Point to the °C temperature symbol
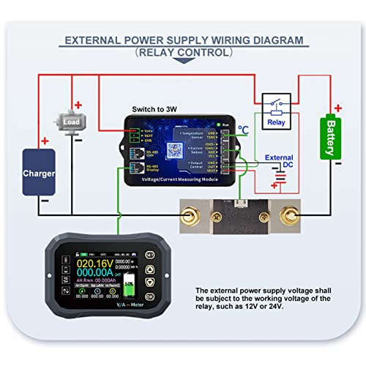pyautogui.click(x=243, y=130)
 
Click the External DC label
pyautogui.click(x=278, y=162)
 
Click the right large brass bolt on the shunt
pyautogui.click(x=288, y=216)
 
